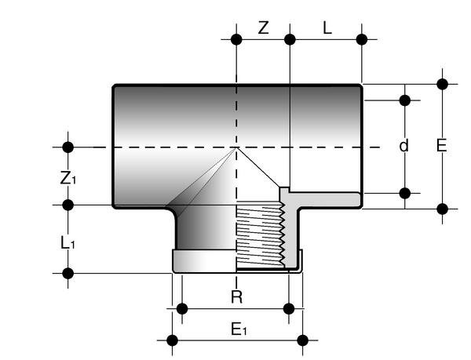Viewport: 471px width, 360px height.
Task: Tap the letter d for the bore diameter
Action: (404, 147)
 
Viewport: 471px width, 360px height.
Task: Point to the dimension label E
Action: (442, 146)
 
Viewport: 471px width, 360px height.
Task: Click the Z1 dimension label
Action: (69, 178)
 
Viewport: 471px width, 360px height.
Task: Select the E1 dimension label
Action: (239, 331)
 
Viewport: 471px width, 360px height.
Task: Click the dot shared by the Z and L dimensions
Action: (290, 38)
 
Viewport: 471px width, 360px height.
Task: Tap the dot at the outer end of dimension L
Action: (361, 38)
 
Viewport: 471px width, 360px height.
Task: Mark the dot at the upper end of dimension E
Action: (442, 84)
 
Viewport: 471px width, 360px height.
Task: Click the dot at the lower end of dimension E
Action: (442, 208)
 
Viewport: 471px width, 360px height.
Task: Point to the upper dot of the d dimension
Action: (405, 100)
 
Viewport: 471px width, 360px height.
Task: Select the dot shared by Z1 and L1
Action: (68, 205)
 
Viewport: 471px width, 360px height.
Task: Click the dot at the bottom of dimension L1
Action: (68, 273)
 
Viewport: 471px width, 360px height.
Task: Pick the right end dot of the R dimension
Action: (290, 309)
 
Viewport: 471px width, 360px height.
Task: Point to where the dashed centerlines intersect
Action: (236, 147)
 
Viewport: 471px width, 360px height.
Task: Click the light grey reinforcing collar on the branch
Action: (203, 261)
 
